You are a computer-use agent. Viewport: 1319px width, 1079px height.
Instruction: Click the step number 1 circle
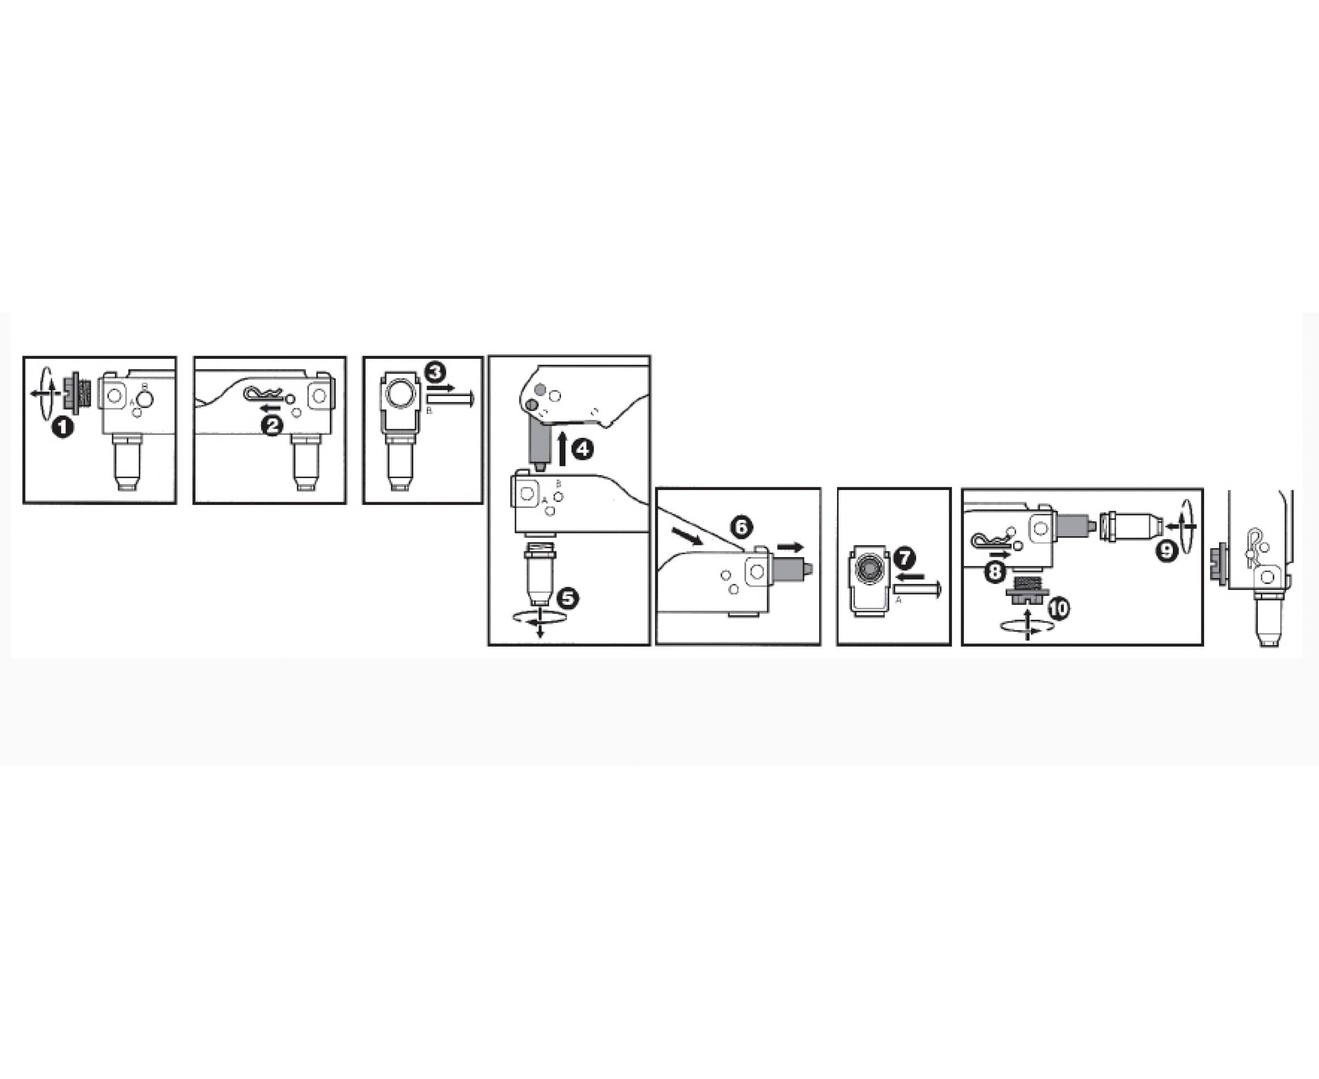[62, 427]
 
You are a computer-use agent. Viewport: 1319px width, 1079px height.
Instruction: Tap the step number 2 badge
[273, 426]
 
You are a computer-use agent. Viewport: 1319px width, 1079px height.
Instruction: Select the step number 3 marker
[435, 372]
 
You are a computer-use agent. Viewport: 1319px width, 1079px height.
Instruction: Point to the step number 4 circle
[582, 449]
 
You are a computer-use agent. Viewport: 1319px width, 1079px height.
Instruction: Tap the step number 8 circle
[995, 572]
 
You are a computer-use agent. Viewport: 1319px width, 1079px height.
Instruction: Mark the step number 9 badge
[1167, 550]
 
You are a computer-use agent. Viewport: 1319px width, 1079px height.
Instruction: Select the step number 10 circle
[1058, 608]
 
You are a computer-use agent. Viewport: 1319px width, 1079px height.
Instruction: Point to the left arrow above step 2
[269, 408]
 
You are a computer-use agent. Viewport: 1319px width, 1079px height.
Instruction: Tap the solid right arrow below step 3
[441, 387]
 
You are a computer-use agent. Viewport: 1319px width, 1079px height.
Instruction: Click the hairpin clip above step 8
[991, 541]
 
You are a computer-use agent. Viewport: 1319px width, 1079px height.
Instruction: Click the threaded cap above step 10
[1027, 592]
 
